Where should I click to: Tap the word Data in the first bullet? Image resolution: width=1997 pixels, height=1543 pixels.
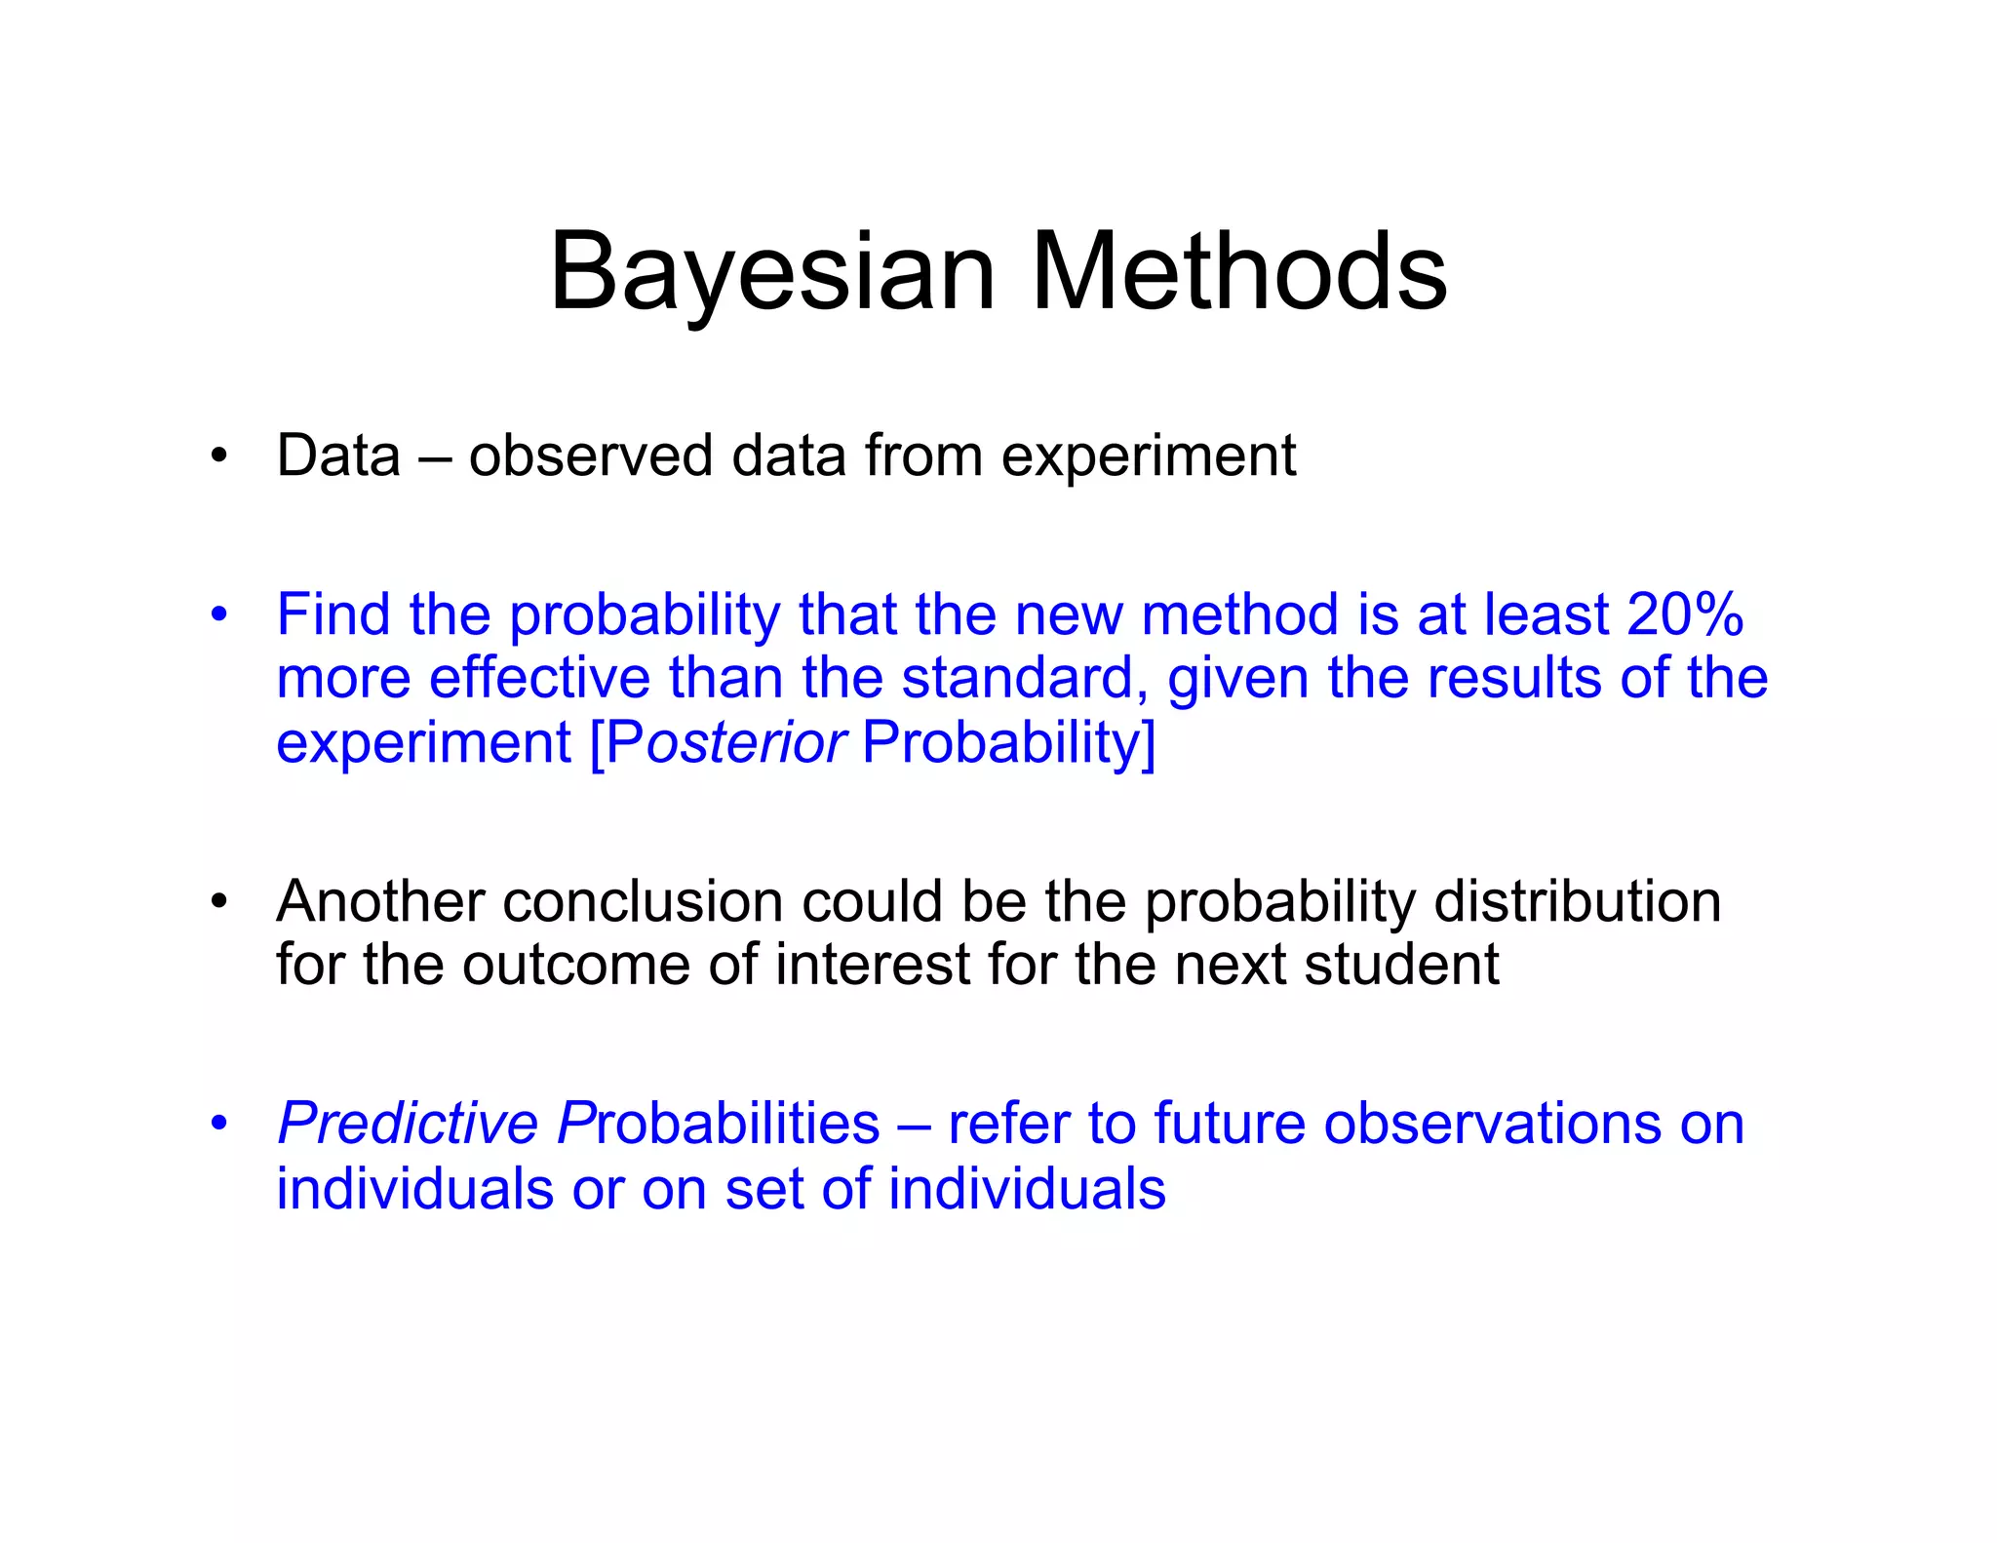click(x=338, y=455)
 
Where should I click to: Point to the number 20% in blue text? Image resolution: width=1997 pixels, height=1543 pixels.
click(x=1684, y=615)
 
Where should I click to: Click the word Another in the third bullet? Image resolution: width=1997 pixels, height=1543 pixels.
click(x=380, y=901)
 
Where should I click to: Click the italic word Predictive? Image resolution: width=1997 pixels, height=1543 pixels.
click(x=408, y=1124)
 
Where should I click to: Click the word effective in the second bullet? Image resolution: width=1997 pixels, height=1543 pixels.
click(x=539, y=679)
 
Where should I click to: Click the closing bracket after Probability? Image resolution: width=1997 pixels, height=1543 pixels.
click(x=1149, y=743)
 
